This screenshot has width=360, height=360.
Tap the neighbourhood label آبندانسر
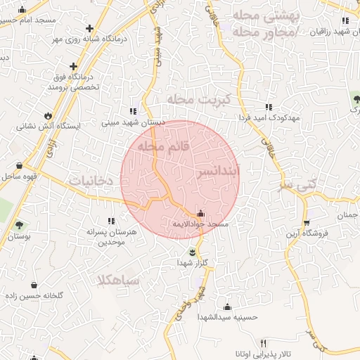[218, 171]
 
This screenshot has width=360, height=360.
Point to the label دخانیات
[91, 181]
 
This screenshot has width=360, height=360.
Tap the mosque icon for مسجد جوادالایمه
[202, 213]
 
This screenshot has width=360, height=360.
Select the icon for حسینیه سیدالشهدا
[227, 307]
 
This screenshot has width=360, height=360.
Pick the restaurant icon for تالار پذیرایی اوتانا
[265, 344]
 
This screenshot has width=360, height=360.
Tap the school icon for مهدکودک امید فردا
[269, 108]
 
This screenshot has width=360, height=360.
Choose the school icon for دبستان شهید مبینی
[132, 111]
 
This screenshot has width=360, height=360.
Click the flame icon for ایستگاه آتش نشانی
[47, 115]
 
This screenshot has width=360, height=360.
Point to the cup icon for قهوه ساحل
[19, 166]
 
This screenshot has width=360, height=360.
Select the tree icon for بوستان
[19, 226]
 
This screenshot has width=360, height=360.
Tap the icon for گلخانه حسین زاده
[34, 285]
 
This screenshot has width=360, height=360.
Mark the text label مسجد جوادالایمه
[202, 224]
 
